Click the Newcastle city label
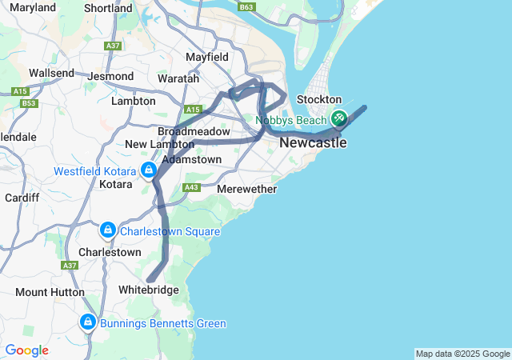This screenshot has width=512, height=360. tap(313, 143)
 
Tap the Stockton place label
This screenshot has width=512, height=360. tap(319, 99)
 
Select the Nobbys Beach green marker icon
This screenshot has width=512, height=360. tap(338, 118)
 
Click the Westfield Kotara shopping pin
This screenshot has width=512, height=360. tap(148, 170)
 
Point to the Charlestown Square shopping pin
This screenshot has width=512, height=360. tap(107, 230)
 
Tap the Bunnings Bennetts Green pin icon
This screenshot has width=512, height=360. tap(88, 322)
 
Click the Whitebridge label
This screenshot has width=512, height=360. tap(148, 290)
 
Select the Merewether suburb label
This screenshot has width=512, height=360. tap(247, 190)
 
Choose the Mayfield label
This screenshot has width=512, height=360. tap(207, 58)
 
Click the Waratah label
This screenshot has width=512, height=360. tap(178, 79)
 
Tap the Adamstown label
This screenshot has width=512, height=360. tap(191, 160)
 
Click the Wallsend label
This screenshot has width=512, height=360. tap(51, 73)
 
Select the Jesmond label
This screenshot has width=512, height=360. tap(112, 77)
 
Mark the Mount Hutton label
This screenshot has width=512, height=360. tap(43, 292)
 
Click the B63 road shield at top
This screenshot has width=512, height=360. tap(246, 7)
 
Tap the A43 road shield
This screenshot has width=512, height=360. tap(190, 187)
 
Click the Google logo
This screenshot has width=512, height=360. tap(26, 350)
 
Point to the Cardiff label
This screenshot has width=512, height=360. tap(21, 198)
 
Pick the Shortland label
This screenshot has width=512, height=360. tap(108, 8)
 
